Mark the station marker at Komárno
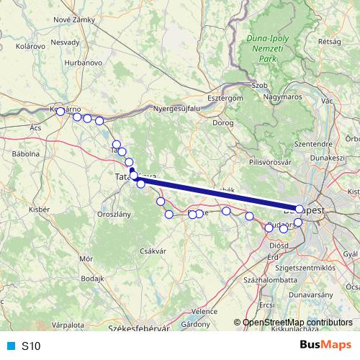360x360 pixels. (x=60, y=112)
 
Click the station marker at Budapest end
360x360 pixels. (x=300, y=209)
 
